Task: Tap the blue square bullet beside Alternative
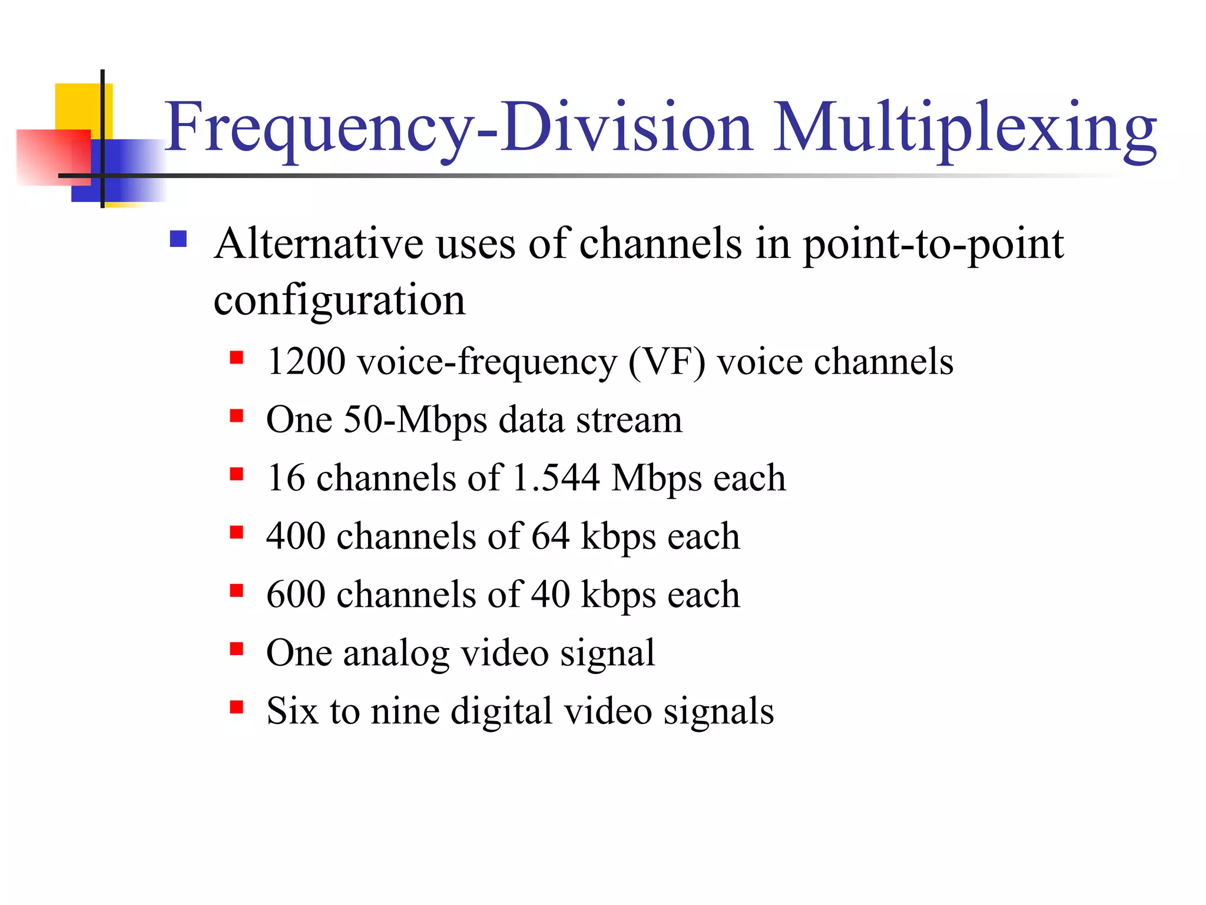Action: [x=178, y=239]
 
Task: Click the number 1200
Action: [x=306, y=361]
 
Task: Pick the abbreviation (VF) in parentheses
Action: [x=666, y=362]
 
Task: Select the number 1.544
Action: [x=556, y=477]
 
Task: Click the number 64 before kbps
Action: [x=551, y=536]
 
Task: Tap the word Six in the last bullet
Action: [x=292, y=711]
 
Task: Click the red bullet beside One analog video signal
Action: [x=237, y=648]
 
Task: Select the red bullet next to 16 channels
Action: [x=237, y=474]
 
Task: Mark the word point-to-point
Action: [x=933, y=245]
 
